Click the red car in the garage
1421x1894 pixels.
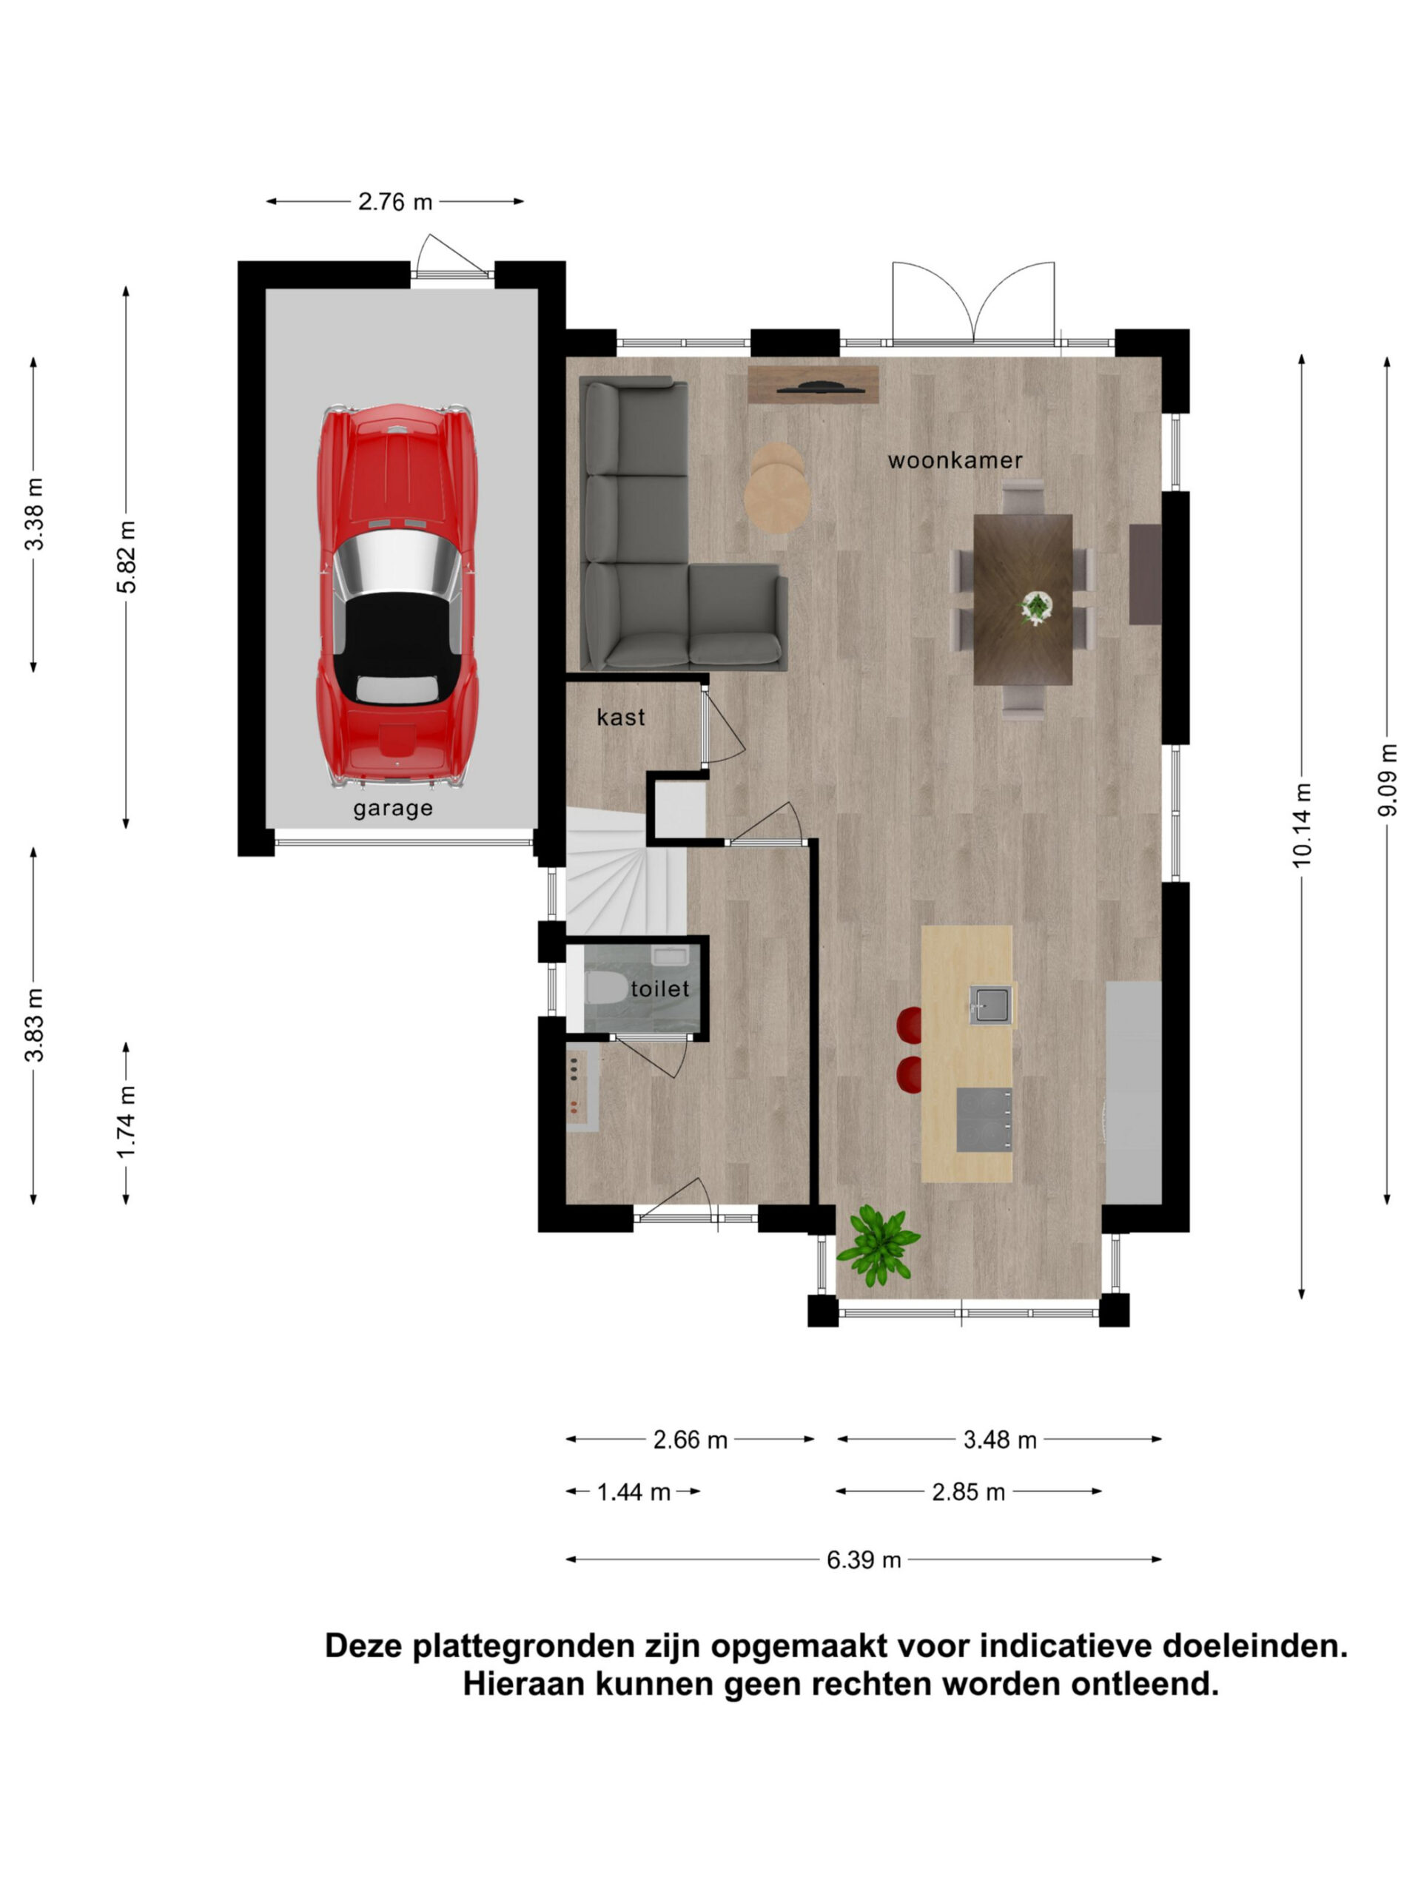coord(397,594)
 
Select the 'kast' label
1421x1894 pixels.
coord(620,717)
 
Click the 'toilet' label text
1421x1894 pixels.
coord(659,989)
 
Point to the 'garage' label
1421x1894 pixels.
coord(393,809)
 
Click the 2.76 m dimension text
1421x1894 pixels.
coord(395,202)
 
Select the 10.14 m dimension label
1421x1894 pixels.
coord(1301,825)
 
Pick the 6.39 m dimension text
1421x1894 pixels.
coord(864,1560)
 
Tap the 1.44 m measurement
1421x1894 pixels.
coord(633,1492)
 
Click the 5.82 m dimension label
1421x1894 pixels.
coord(127,556)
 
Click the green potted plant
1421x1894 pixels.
coord(878,1246)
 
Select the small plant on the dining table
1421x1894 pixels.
coord(1036,608)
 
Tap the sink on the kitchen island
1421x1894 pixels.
coord(990,1005)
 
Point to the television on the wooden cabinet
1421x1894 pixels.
coord(821,387)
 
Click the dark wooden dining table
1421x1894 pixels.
coord(1023,599)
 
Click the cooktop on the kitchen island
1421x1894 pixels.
coord(984,1120)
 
